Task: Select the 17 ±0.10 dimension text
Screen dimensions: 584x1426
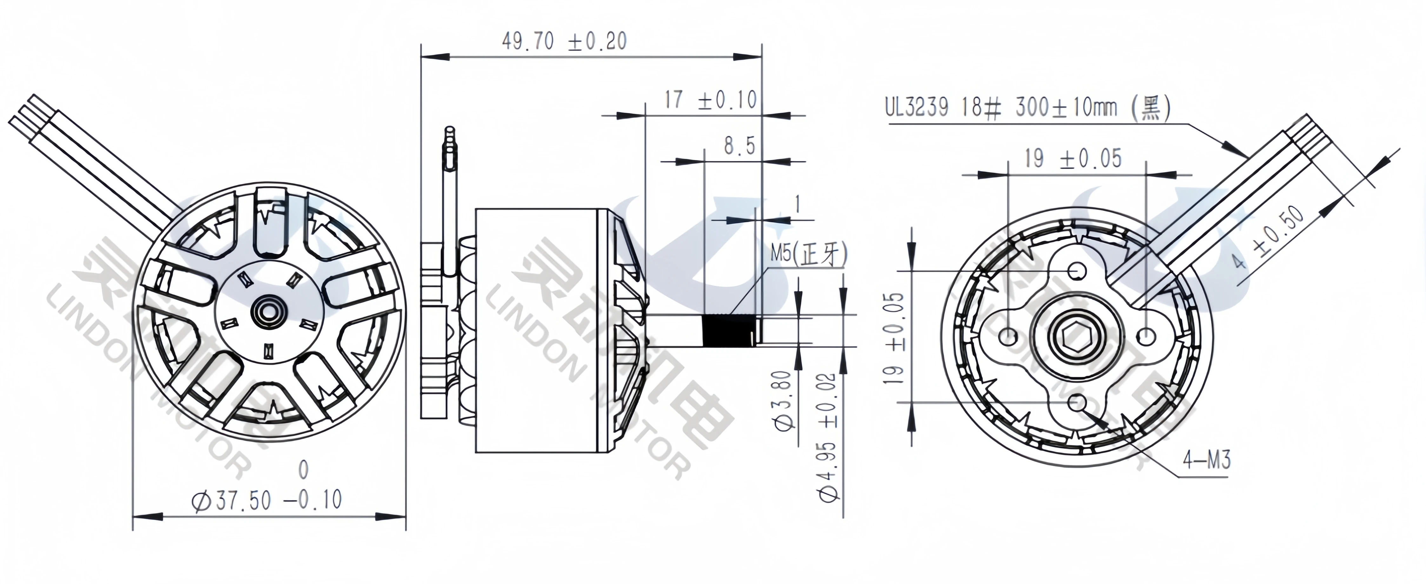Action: tap(710, 101)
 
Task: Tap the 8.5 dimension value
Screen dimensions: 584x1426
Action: tap(739, 146)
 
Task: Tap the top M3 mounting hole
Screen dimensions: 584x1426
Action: tap(1077, 272)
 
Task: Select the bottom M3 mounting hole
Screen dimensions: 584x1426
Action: tap(1077, 402)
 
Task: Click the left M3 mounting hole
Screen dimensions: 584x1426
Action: tap(1010, 336)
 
